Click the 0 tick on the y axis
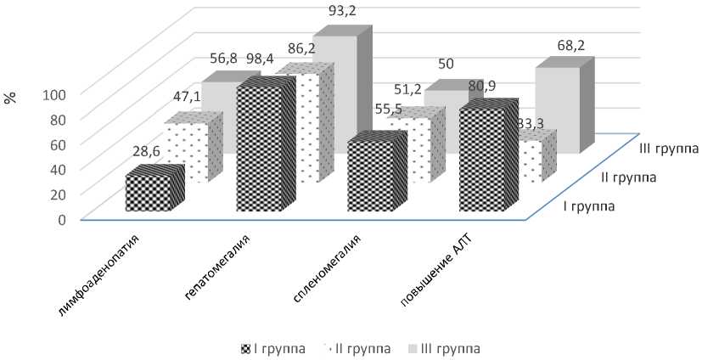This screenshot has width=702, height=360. pos(62,219)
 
